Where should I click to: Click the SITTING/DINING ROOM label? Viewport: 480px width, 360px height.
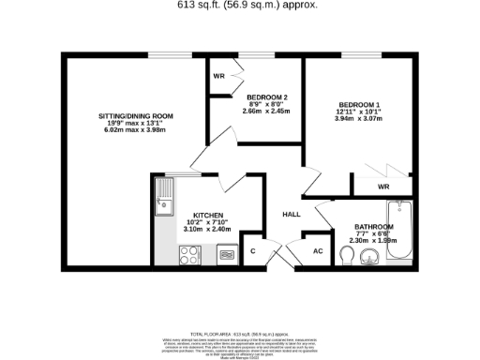tap(136, 115)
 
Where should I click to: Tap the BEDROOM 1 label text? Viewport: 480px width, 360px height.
tap(357, 104)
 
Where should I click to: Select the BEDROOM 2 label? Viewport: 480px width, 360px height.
tap(267, 97)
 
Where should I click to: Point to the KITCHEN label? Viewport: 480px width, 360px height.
tap(208, 214)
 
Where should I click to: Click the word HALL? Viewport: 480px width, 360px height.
tap(291, 215)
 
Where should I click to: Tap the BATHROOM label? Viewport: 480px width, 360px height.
tap(373, 227)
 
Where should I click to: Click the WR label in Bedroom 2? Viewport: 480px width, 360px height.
tap(217, 76)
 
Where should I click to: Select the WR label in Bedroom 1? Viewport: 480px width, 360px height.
tap(383, 187)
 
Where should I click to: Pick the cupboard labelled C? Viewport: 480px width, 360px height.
tap(253, 251)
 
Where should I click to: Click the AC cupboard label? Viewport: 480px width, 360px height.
tap(317, 251)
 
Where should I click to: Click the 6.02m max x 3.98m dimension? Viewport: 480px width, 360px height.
tap(136, 132)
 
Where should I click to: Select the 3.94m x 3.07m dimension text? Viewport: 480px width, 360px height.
tap(357, 120)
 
